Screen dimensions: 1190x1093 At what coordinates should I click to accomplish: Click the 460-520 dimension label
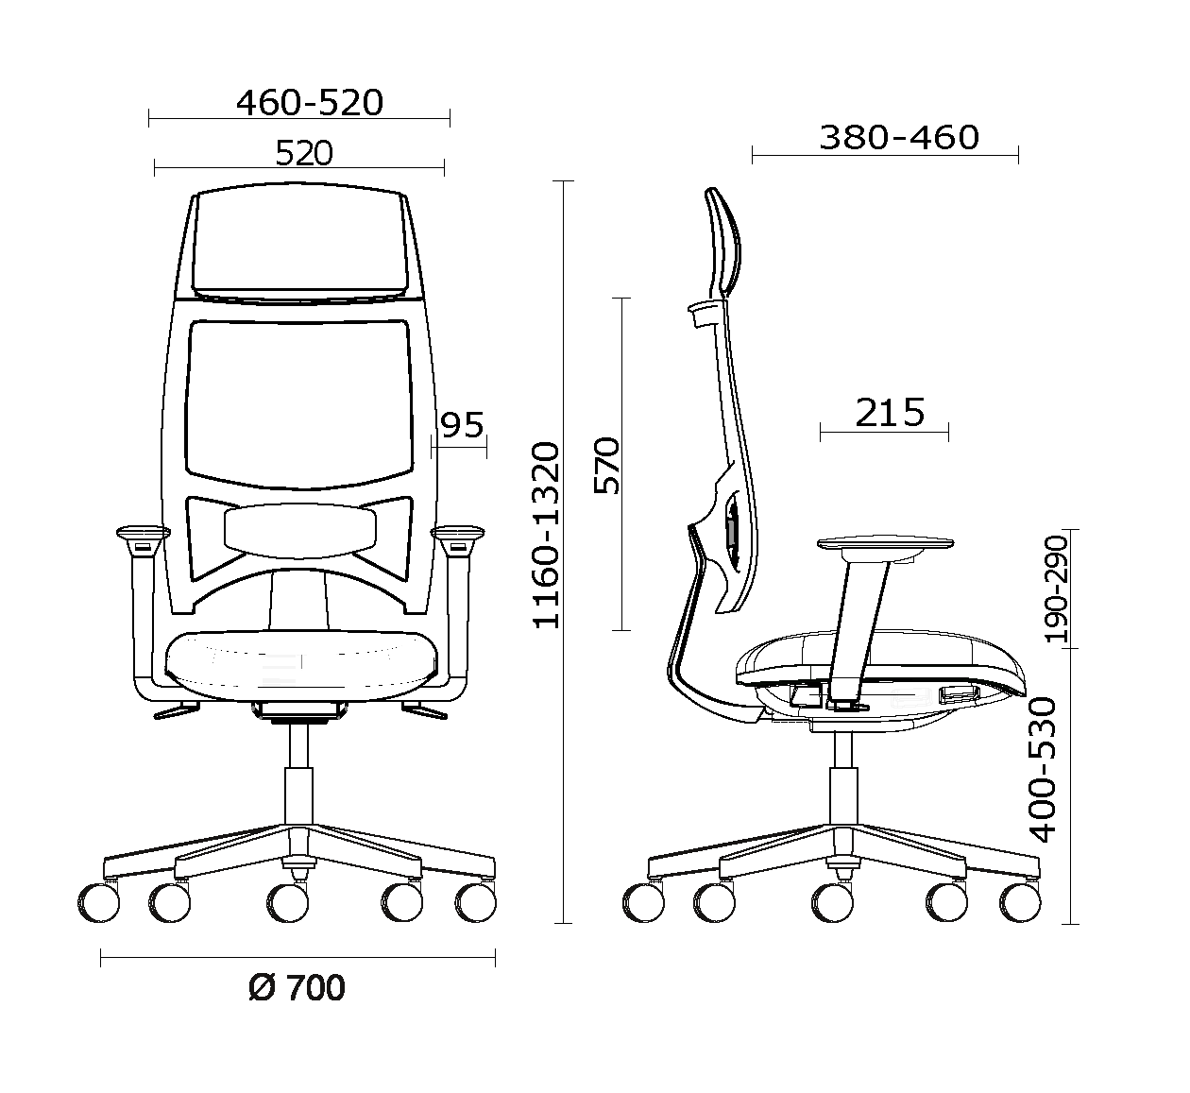pyautogui.click(x=310, y=103)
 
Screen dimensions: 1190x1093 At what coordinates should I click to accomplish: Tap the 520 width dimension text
pyautogui.click(x=304, y=153)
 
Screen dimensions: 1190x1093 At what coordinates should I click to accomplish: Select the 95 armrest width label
pyautogui.click(x=463, y=425)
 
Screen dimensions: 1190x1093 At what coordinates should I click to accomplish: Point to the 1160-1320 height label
pyautogui.click(x=546, y=536)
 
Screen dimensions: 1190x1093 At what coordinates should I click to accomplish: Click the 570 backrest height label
pyautogui.click(x=606, y=466)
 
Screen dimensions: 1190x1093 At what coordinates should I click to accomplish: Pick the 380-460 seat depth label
pyautogui.click(x=899, y=138)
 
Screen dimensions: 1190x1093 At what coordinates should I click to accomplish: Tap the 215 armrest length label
pyautogui.click(x=890, y=413)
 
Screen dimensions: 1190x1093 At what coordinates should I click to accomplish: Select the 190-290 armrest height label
pyautogui.click(x=1056, y=589)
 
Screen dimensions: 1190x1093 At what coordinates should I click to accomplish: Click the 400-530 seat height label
pyautogui.click(x=1043, y=770)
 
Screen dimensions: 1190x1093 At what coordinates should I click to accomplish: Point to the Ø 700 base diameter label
pyautogui.click(x=297, y=988)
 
